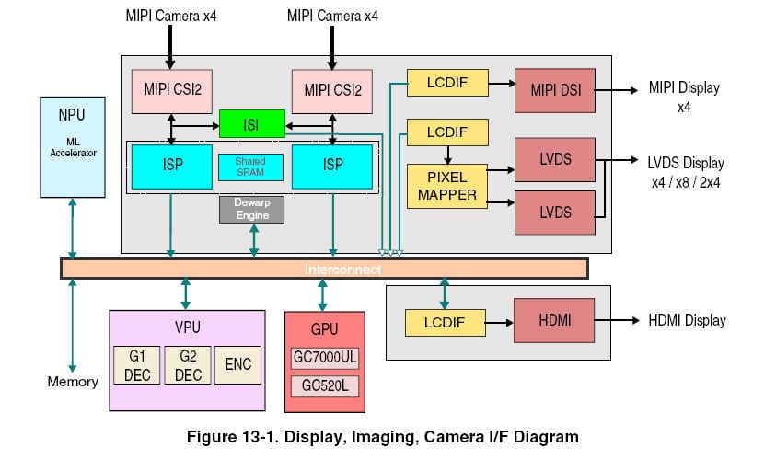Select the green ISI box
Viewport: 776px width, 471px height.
pos(251,124)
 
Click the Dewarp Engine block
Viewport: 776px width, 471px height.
pos(251,209)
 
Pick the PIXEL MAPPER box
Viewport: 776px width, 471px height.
pos(447,185)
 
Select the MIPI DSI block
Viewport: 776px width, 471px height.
pos(554,90)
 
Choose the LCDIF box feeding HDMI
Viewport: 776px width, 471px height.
pos(446,322)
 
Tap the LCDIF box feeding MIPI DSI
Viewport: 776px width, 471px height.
pos(446,83)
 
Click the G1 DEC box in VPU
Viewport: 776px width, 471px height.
pos(135,364)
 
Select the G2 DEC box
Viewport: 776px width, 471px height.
pos(188,364)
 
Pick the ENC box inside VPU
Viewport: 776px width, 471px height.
pos(237,364)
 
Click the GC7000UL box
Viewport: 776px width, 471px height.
pos(324,358)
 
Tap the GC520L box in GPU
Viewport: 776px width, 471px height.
pos(324,385)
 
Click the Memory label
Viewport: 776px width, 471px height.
pos(73,381)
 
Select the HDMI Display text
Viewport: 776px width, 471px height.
pos(687,321)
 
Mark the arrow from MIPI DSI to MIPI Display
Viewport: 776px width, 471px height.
pos(617,90)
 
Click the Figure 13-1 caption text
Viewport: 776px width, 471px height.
pos(382,437)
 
